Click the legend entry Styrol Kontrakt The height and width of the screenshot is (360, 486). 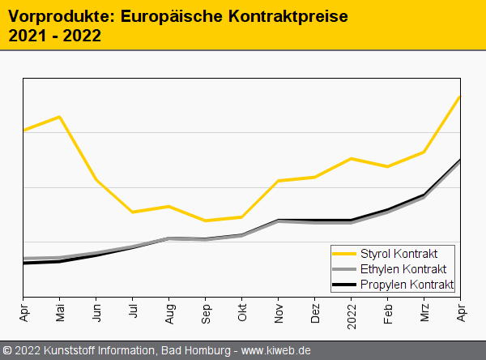click(x=405, y=255)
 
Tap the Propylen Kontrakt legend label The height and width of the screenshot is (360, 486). click(x=407, y=284)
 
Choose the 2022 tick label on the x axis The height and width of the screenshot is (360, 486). click(x=352, y=315)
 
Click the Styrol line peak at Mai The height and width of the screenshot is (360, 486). click(x=60, y=117)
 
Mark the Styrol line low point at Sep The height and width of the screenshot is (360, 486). click(x=206, y=221)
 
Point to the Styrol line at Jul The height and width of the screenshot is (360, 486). click(x=133, y=212)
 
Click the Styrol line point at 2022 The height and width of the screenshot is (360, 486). click(x=352, y=158)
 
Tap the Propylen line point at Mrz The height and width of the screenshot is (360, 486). click(x=424, y=195)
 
